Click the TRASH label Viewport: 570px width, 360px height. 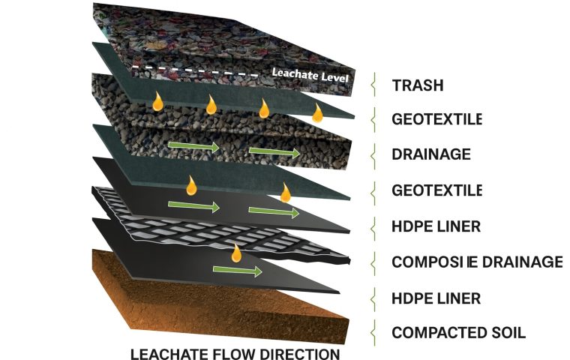[x=418, y=85]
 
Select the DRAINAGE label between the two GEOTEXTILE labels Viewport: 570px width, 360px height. [x=431, y=155]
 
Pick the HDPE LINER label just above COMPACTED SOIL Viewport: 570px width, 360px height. [x=436, y=298]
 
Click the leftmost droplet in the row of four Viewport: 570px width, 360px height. [x=157, y=102]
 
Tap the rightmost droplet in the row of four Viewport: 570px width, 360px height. [x=318, y=113]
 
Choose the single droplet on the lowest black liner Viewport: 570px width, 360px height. [x=236, y=253]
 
